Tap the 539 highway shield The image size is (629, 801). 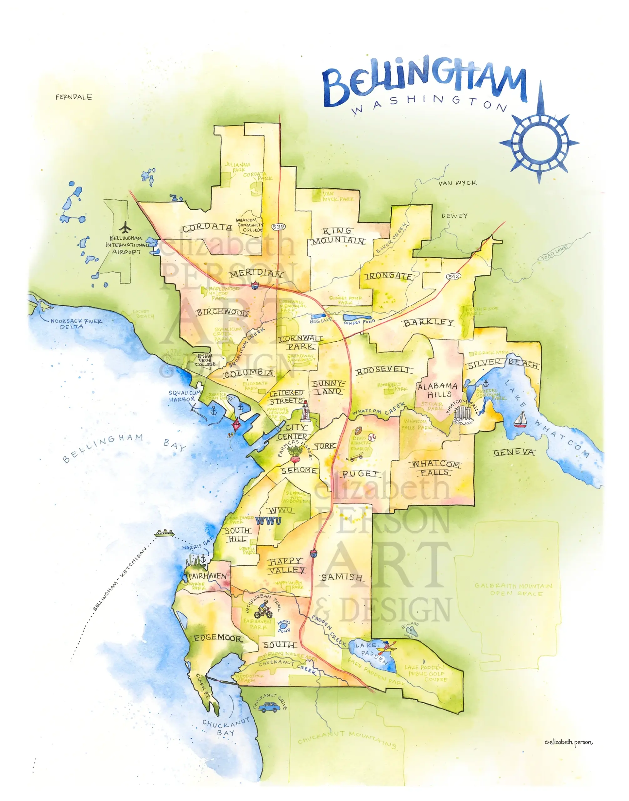278,227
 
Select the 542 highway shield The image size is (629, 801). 453,276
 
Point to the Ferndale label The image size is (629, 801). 74,97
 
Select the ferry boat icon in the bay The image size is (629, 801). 164,533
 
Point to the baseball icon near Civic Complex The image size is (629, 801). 371,438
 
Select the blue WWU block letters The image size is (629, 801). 269,521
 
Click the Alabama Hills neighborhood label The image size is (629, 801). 438,390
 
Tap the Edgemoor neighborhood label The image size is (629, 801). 218,638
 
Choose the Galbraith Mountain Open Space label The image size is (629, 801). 513,589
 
